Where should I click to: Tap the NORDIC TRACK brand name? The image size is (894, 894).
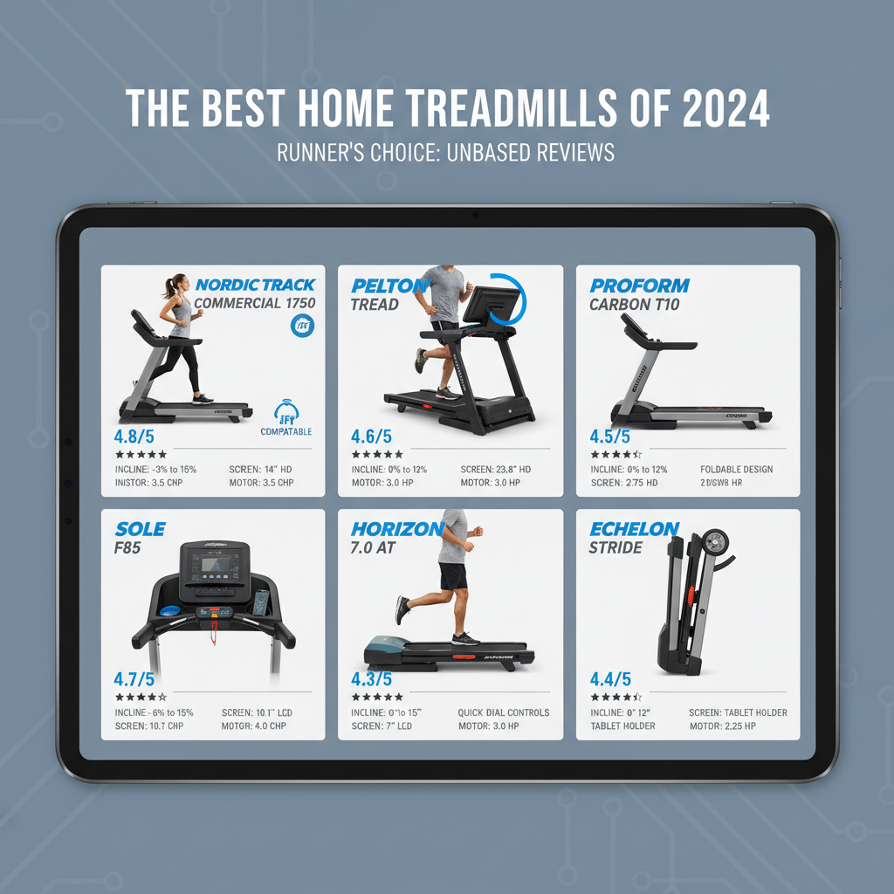coord(256,285)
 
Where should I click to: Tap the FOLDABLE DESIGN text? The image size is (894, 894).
coord(736,470)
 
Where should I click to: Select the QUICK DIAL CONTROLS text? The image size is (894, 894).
coord(504,712)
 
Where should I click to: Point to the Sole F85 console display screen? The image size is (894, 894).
coord(214,566)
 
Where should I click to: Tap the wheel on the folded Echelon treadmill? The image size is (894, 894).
coord(715,541)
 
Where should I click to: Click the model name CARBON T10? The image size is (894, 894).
coord(635,305)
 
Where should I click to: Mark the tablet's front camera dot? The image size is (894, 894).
coord(473,215)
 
